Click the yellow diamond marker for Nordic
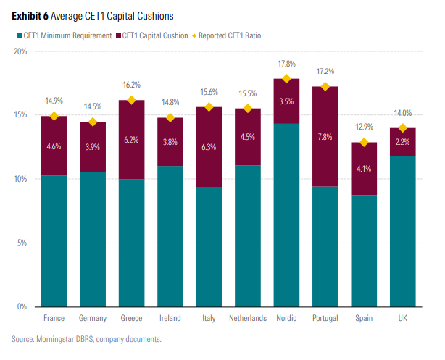(x=286, y=79)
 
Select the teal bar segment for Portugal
(x=325, y=246)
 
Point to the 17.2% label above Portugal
(x=325, y=72)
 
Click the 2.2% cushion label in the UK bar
(x=403, y=142)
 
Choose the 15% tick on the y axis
(x=20, y=115)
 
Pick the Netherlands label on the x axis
(x=248, y=318)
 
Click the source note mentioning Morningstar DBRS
(x=86, y=339)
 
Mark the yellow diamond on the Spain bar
(x=365, y=142)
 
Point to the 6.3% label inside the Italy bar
(x=209, y=147)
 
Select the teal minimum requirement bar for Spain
(x=365, y=250)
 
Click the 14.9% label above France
(x=54, y=101)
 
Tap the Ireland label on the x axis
(x=170, y=318)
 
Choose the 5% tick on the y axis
(x=22, y=243)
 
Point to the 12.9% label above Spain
(x=365, y=127)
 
